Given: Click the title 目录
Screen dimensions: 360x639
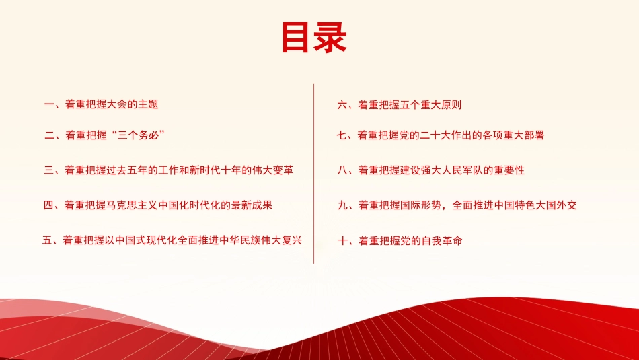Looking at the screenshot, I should click(313, 38).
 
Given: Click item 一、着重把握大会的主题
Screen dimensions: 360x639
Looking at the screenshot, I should click(101, 104).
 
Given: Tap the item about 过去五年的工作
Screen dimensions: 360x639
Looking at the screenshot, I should click(168, 170).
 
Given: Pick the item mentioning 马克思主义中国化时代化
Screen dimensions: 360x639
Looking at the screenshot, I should click(158, 205).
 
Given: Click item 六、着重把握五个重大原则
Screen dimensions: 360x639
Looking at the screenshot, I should click(399, 105).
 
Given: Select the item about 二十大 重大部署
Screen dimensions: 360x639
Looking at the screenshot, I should click(440, 135).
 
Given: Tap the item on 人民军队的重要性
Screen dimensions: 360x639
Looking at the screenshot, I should click(430, 170).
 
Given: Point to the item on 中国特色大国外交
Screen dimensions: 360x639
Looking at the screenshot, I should click(457, 205).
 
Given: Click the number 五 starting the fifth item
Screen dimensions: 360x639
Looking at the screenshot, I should click(47, 240).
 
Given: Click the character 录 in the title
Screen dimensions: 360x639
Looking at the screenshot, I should click(331, 38).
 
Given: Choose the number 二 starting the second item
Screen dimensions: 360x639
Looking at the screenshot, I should click(49, 135).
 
